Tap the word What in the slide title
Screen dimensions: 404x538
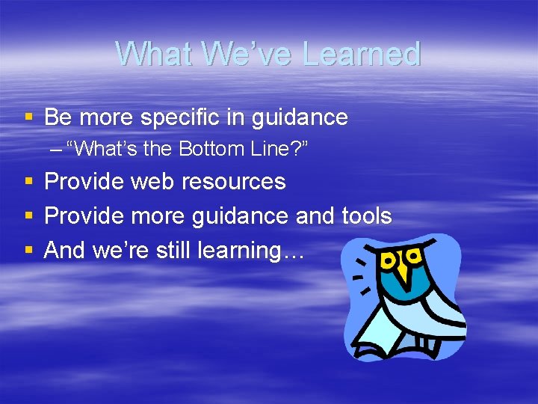click(x=148, y=54)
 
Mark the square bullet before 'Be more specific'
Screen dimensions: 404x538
click(x=28, y=117)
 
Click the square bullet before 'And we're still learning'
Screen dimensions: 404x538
click(x=28, y=250)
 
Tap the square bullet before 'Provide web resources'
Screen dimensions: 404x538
click(x=28, y=182)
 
